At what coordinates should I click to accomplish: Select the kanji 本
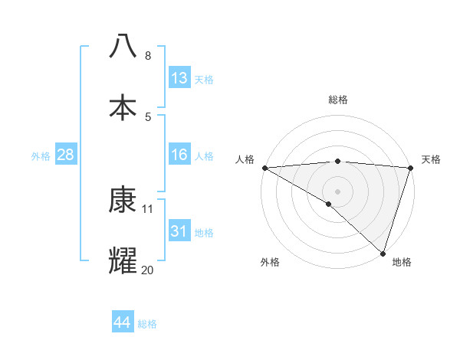(123, 106)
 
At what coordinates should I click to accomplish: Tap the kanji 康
(123, 200)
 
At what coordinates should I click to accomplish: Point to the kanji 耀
(123, 261)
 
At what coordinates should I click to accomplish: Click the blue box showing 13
(179, 78)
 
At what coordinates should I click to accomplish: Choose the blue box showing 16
(179, 155)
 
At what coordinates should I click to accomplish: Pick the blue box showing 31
(179, 231)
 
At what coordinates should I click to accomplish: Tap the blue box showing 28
(66, 155)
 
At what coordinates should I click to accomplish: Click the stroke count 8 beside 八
(147, 56)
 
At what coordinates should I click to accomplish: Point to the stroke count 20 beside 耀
(148, 270)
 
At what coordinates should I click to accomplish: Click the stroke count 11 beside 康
(148, 208)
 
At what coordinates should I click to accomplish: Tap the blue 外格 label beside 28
(41, 156)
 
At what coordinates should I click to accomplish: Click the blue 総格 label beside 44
(147, 324)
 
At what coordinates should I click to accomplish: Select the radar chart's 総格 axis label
(337, 100)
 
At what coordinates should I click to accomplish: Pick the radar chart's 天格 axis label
(431, 159)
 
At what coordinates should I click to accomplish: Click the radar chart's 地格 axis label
(402, 263)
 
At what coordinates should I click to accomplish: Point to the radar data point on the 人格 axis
(264, 168)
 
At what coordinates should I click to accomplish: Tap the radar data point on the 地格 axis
(383, 254)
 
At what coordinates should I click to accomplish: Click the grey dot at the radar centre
(337, 191)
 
